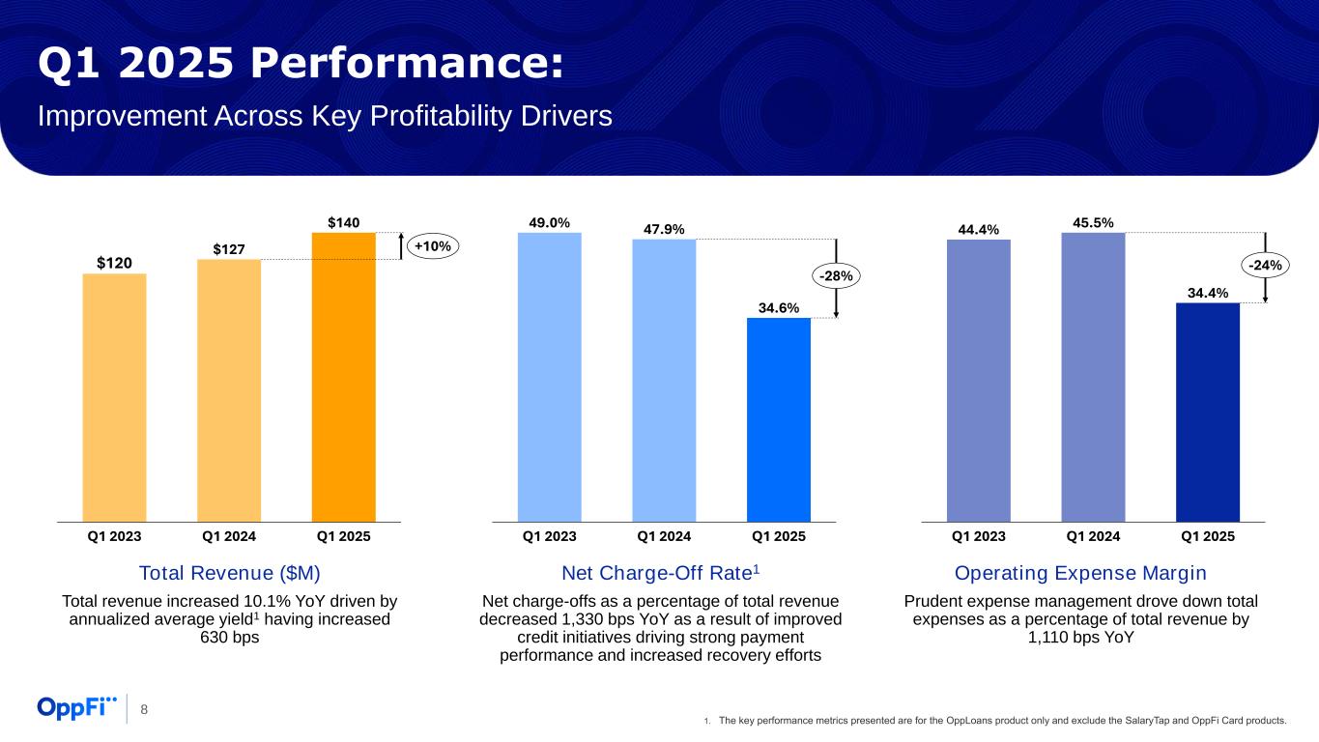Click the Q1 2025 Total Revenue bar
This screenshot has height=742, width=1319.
click(x=343, y=377)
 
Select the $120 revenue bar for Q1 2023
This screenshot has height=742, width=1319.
click(x=114, y=397)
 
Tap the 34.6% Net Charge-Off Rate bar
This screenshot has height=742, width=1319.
click(x=778, y=419)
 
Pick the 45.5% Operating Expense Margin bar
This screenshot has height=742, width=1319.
click(x=1093, y=377)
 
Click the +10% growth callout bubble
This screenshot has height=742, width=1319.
click(x=432, y=246)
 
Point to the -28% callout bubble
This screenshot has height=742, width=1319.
click(x=837, y=276)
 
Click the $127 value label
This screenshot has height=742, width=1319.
click(x=229, y=249)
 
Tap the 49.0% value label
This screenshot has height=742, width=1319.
click(x=549, y=222)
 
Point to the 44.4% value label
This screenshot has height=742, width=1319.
click(x=979, y=230)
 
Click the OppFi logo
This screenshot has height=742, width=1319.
click(x=76, y=708)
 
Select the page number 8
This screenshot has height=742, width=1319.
click(x=144, y=710)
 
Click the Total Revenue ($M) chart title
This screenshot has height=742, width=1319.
click(x=229, y=573)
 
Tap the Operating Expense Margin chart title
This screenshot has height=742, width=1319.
click(x=1080, y=573)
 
